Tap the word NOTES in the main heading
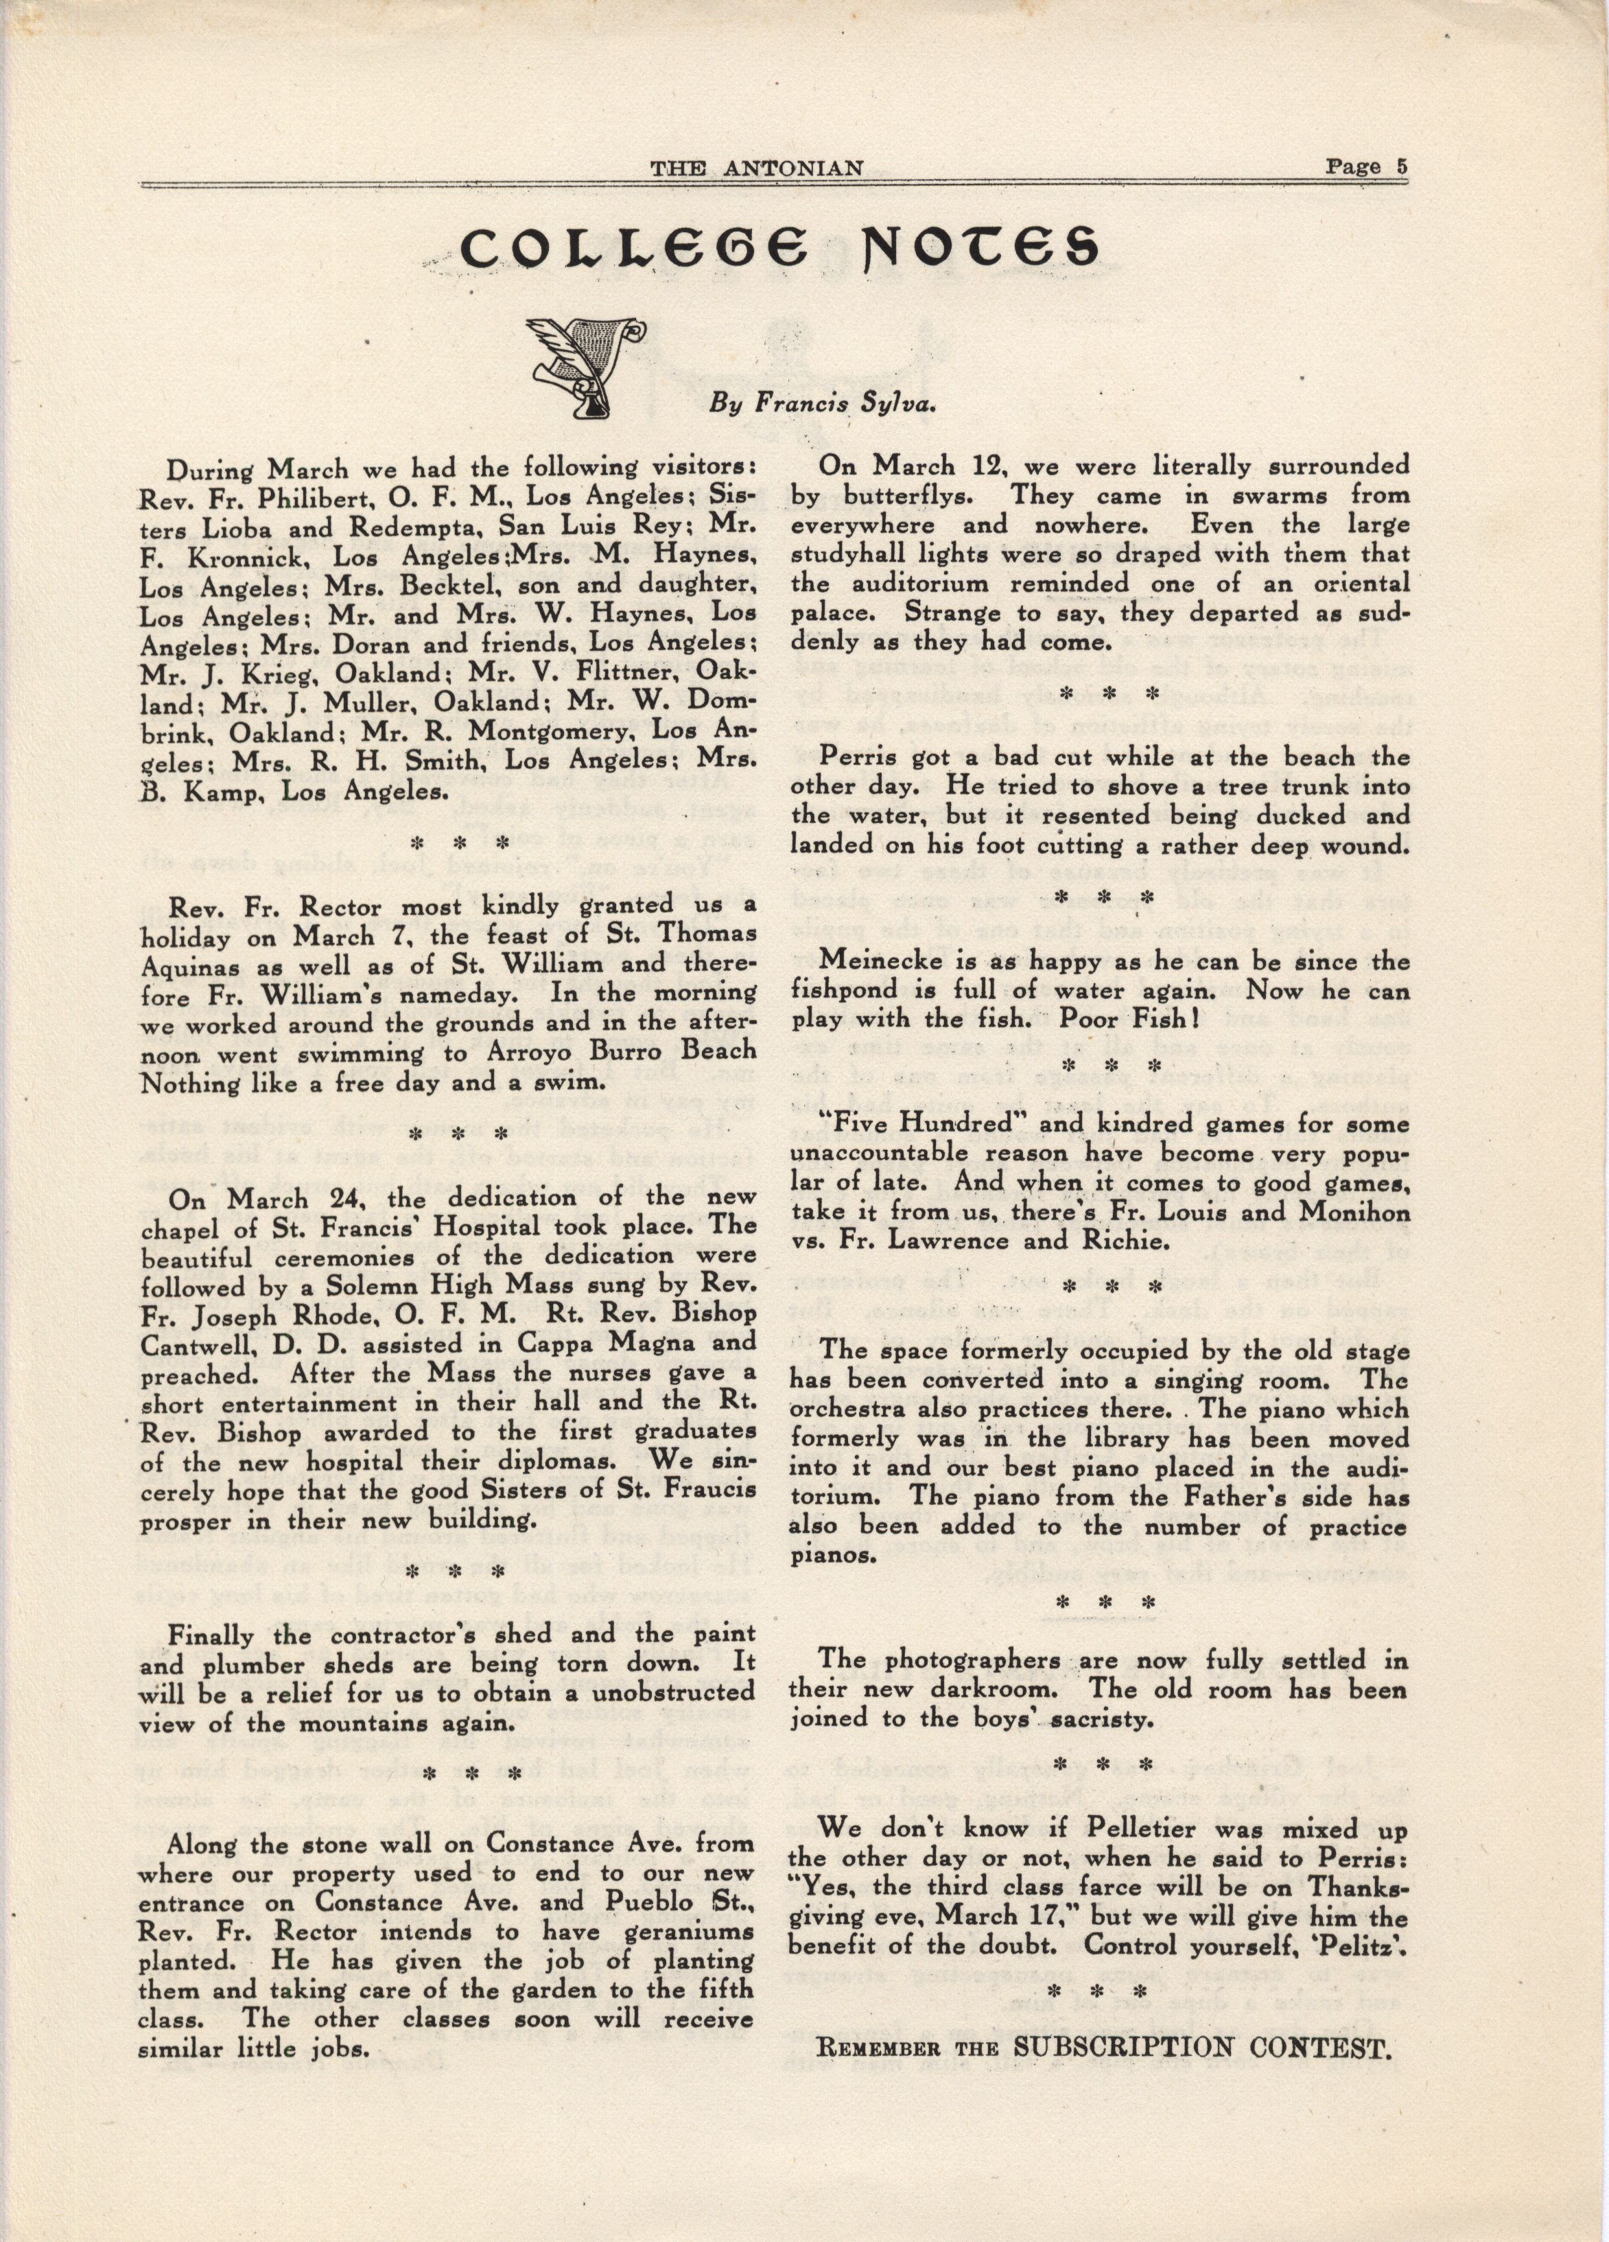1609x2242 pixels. (x=978, y=255)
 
